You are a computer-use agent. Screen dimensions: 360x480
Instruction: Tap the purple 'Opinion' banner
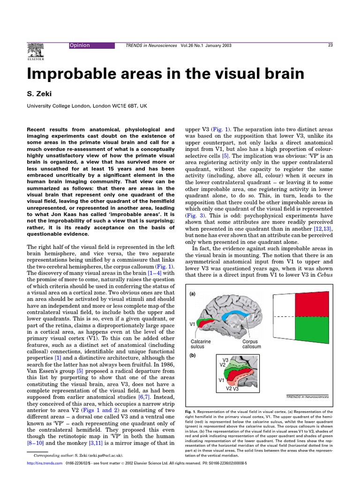coord(91,45)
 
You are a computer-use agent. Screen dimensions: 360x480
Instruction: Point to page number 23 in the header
coord(330,45)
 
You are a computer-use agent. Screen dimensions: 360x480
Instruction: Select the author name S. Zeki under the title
coord(38,94)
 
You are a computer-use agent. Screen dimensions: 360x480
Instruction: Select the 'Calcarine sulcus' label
coord(201,344)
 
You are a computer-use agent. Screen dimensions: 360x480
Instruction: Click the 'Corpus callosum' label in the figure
coord(251,344)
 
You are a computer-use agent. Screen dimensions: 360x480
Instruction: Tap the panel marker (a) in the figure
coord(193,294)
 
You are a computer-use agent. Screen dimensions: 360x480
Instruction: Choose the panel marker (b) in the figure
coord(193,355)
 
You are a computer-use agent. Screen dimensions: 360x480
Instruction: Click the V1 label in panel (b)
coord(222,380)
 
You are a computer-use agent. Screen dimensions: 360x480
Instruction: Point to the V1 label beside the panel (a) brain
coord(192,324)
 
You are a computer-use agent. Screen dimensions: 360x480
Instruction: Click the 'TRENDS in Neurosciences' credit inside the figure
coord(307,396)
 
